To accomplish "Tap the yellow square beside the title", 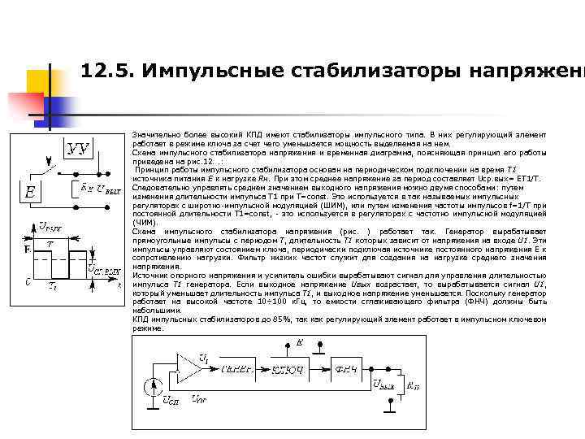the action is pos(45,63).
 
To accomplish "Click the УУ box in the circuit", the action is pos(78,148).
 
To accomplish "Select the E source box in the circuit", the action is pos(31,193).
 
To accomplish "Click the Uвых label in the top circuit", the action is pos(107,192).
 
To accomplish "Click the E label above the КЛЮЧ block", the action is pos(299,344).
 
